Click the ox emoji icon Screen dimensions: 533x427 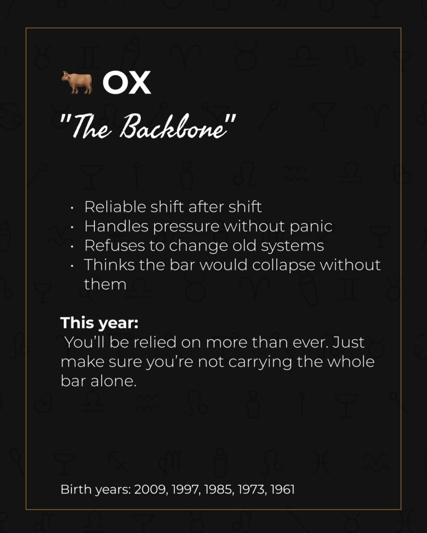76,83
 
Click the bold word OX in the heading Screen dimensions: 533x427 127,83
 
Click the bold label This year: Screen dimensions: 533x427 99,323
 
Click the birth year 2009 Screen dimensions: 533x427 149,490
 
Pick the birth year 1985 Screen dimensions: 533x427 216,490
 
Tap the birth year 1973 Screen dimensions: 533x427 250,490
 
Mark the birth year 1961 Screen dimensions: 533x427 282,490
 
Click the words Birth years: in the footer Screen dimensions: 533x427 95,490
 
